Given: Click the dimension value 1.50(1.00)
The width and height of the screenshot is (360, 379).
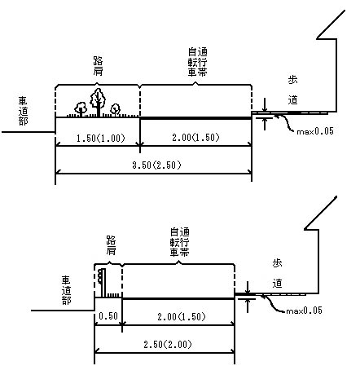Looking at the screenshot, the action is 100,139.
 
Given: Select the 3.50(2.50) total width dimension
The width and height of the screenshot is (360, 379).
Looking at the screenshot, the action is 156,165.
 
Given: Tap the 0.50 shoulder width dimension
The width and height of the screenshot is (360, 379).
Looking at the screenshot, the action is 108,315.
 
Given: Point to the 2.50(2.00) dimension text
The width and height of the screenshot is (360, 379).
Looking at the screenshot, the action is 168,345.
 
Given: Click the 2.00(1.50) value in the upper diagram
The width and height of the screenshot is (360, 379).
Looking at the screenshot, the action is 195,138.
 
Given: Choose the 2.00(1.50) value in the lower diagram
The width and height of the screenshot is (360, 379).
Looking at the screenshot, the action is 182,316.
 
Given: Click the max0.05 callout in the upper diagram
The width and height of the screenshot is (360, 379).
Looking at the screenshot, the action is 315,131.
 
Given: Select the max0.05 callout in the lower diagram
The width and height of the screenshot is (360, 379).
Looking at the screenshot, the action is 304,311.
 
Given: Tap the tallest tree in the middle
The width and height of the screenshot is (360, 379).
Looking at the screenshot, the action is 98,102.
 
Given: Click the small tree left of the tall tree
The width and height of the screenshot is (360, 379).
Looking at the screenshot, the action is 81,109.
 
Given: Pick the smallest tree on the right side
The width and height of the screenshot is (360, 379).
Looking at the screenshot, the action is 116,110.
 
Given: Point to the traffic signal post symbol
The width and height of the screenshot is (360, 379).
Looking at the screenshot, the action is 102,283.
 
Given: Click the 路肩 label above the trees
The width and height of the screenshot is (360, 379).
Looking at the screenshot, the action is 98,66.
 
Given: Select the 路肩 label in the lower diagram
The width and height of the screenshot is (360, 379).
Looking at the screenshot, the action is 111,245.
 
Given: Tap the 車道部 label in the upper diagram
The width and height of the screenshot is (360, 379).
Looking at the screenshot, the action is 23,111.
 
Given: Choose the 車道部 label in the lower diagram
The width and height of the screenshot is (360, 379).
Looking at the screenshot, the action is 66,290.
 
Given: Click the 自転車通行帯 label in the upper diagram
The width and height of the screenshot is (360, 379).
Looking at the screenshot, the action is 198,62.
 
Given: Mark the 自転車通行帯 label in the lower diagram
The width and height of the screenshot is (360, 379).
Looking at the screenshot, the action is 180,242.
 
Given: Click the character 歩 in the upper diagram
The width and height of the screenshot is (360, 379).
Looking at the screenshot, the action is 292,80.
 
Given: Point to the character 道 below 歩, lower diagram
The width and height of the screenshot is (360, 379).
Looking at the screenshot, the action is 277,284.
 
